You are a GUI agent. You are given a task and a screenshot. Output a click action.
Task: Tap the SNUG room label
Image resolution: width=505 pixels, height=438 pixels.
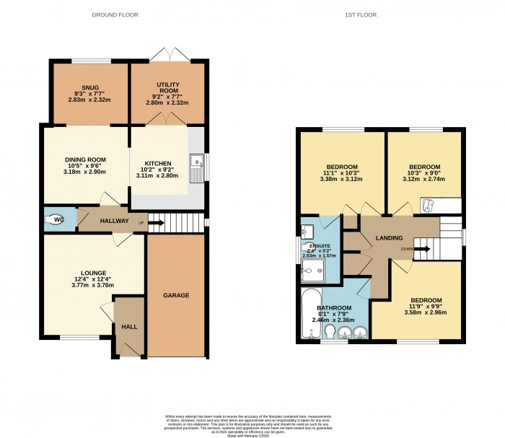[90, 87]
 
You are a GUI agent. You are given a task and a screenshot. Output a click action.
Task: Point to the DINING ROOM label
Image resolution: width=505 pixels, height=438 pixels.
[86, 159]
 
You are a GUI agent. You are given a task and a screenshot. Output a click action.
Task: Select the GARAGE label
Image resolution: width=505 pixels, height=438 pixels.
[175, 295]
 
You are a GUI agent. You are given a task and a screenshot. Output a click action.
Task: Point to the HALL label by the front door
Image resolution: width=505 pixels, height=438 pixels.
[130, 326]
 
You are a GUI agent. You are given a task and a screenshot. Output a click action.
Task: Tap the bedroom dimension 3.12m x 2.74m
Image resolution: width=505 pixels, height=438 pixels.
[424, 180]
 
